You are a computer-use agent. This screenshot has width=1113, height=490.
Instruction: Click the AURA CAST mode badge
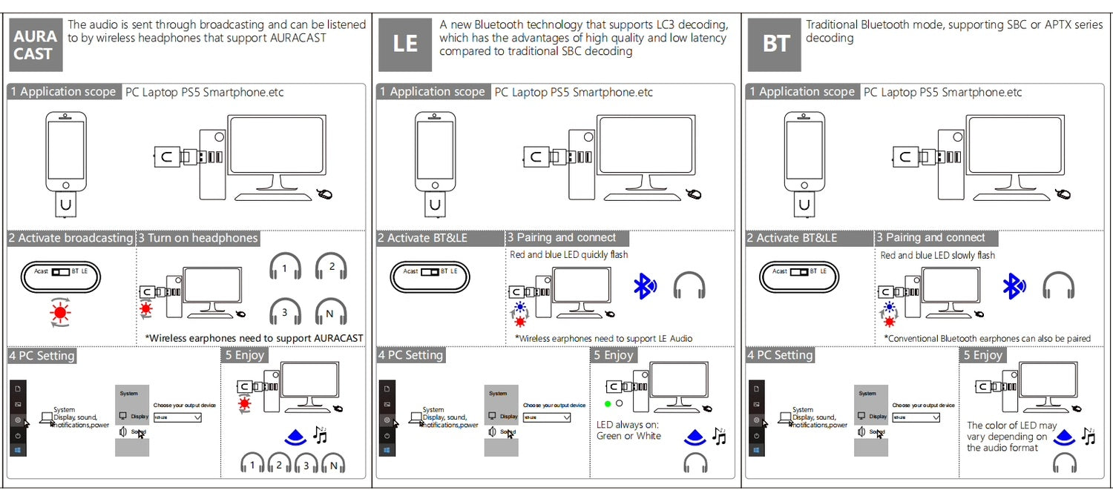tap(35, 44)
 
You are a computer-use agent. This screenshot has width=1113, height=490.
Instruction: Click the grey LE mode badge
tap(404, 44)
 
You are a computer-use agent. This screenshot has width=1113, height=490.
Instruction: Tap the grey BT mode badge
tap(775, 44)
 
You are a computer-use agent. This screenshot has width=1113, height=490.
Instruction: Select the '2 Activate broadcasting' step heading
tap(70, 238)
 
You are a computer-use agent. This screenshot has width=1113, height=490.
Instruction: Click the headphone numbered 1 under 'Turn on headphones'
tap(284, 266)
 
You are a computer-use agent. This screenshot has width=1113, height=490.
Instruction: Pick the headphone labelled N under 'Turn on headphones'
tap(331, 311)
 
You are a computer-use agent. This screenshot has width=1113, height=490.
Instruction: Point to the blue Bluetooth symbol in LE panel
tap(644, 285)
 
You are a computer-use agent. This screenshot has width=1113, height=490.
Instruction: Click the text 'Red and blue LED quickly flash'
tap(568, 255)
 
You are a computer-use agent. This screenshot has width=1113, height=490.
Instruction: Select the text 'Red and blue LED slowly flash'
tap(937, 255)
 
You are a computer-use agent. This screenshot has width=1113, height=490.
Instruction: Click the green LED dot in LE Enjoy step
tap(607, 404)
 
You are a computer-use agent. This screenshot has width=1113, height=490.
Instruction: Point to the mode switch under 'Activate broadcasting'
tap(61, 271)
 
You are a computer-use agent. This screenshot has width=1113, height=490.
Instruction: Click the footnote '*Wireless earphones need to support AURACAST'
tap(254, 338)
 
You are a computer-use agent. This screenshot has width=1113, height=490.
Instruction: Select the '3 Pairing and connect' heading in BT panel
tap(935, 238)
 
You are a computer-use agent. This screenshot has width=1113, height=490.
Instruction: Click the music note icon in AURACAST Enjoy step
tap(321, 434)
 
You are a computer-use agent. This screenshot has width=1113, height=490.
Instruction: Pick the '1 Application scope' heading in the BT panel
tap(802, 92)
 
